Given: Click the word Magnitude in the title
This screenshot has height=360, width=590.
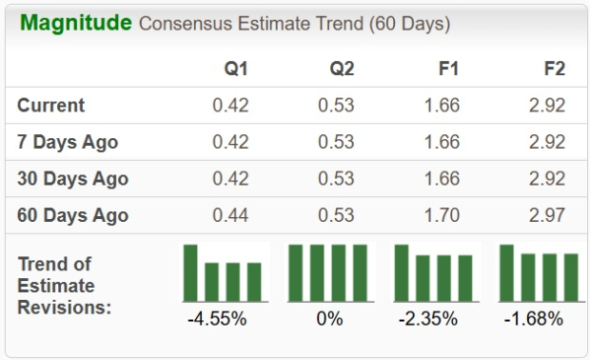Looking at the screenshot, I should click(x=75, y=23).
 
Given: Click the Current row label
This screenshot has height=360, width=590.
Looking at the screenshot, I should click(x=51, y=105).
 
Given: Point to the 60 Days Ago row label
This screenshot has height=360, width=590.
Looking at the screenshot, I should click(x=72, y=215).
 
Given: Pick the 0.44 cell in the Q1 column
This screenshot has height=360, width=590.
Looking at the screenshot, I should click(x=230, y=215).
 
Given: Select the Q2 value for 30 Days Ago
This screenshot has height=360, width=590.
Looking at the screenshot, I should click(x=336, y=178).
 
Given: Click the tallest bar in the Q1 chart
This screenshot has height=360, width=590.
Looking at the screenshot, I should click(x=191, y=273).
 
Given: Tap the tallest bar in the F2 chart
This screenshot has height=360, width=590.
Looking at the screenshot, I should click(x=506, y=273).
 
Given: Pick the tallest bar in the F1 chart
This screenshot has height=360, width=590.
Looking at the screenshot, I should click(x=402, y=273).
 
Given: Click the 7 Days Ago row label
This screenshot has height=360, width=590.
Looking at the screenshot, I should click(x=68, y=142).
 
